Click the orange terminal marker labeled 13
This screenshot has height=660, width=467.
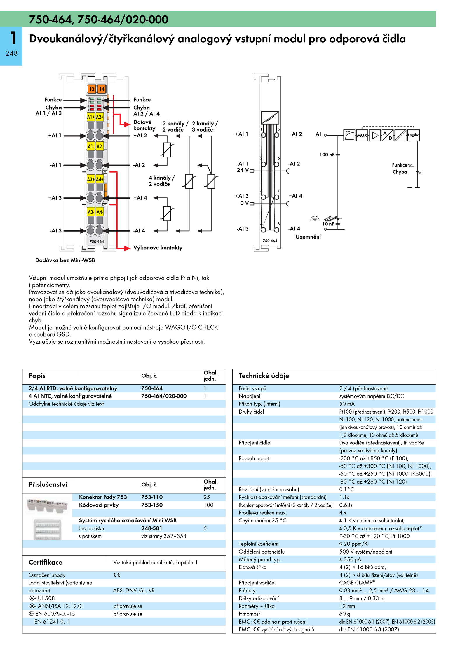click(x=92, y=89)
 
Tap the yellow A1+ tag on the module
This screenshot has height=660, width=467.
click(x=91, y=117)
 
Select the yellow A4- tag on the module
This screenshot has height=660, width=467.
click(x=100, y=212)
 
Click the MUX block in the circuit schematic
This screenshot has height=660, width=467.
click(x=362, y=135)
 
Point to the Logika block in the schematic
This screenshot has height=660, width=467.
click(x=413, y=135)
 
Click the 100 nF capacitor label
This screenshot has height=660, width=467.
click(x=327, y=155)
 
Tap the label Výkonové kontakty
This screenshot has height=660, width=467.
click(x=158, y=248)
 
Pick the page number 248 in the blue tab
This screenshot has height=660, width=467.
click(x=11, y=53)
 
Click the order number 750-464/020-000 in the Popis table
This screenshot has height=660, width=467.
click(x=164, y=396)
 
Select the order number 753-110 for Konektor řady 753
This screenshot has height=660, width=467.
click(x=152, y=497)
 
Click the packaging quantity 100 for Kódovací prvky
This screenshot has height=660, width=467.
click(x=208, y=505)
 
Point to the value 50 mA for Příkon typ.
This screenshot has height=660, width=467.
click(x=347, y=404)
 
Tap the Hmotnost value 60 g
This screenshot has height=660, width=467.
click(x=344, y=614)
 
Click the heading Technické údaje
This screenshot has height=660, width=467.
click(x=264, y=376)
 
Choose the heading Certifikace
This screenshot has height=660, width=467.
click(x=45, y=562)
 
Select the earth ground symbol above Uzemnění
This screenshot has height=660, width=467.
click(x=314, y=218)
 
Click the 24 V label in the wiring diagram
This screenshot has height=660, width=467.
click(x=243, y=170)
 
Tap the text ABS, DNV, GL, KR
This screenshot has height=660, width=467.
click(x=134, y=590)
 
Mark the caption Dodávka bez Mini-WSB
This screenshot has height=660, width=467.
click(x=65, y=260)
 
